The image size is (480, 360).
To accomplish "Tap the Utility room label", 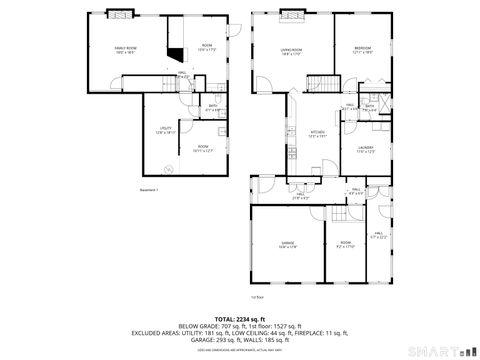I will pyautogui.click(x=165, y=129).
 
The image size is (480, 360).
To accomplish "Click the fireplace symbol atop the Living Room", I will pyautogui.click(x=293, y=14).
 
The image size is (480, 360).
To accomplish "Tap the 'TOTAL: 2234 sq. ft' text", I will pyautogui.click(x=239, y=317).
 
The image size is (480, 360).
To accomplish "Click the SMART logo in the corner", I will pyautogui.click(x=441, y=350).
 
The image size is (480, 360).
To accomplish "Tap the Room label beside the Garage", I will pyautogui.click(x=346, y=244).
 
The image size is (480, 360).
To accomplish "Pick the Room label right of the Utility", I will pyautogui.click(x=202, y=149).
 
